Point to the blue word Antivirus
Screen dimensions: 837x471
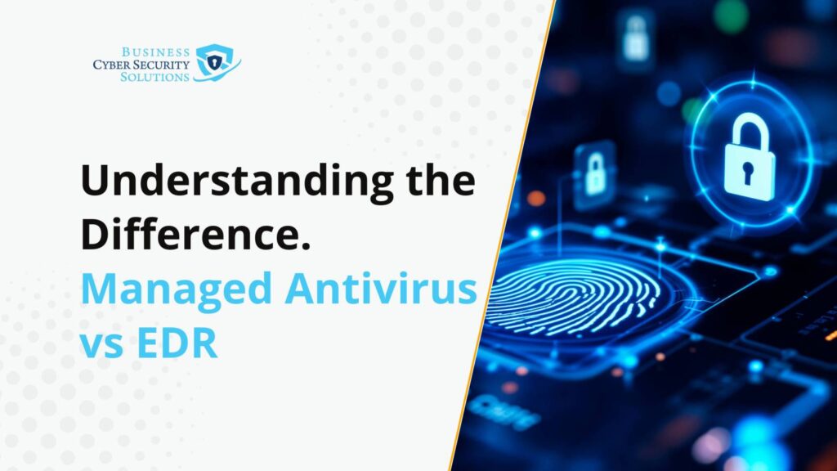[x=381, y=289]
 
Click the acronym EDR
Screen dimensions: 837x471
[x=177, y=343]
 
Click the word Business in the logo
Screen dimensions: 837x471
[x=155, y=52]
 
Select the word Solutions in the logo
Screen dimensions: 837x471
[x=154, y=77]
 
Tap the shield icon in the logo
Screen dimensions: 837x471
[x=216, y=62]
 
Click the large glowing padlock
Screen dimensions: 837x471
[x=750, y=158]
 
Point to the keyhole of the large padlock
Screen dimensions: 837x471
[x=748, y=173]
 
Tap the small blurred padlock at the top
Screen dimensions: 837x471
[x=636, y=38]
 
